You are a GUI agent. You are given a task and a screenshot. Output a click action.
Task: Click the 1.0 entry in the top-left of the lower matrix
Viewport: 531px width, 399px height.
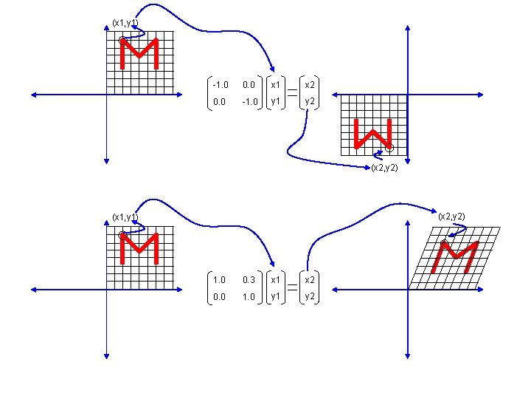coord(218,280)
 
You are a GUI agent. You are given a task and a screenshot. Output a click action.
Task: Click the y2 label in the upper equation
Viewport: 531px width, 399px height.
coord(311,102)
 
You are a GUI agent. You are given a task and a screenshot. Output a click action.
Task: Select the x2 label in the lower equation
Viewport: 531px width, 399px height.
coord(311,280)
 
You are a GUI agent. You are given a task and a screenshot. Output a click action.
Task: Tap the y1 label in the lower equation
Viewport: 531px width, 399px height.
coord(275,297)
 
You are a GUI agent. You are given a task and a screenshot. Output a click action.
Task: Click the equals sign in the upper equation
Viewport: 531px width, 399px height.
coord(293,93)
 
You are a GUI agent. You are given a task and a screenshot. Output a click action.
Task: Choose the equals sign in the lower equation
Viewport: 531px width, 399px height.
coord(293,288)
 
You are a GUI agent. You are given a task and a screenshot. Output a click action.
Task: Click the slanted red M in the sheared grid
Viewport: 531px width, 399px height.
coord(455,256)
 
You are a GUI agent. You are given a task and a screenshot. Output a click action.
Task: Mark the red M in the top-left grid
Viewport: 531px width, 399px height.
coord(140,52)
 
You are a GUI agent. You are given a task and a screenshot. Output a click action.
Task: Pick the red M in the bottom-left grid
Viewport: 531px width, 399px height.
coord(140,248)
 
